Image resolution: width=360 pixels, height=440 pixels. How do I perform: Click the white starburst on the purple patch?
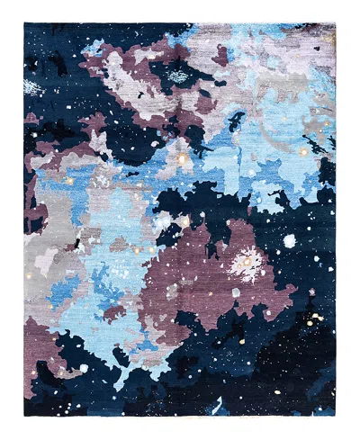point(245,264)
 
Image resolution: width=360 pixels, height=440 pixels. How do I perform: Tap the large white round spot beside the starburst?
point(290,241)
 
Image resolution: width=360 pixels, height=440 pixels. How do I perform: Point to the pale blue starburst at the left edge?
point(32,88)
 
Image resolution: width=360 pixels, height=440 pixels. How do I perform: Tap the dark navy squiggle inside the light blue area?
point(236,121)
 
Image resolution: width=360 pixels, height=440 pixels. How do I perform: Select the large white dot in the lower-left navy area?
point(83,367)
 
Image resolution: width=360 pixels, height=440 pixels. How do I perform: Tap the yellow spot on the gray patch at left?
point(68,181)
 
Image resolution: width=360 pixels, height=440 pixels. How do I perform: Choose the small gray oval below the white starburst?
point(236,292)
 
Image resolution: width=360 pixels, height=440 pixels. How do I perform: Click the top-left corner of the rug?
point(24,24)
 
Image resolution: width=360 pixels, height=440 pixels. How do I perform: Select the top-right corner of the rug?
point(336,24)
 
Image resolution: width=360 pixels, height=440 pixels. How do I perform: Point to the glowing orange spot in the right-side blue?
point(303,153)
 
